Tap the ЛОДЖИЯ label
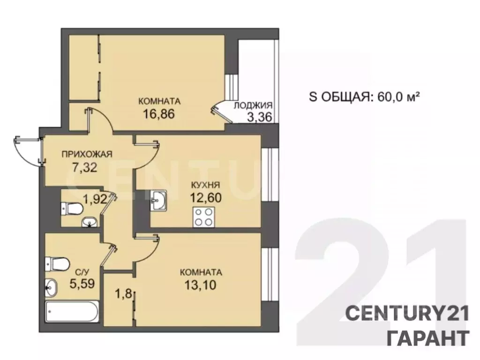coord(253,106)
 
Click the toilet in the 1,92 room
coord(71,207)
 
